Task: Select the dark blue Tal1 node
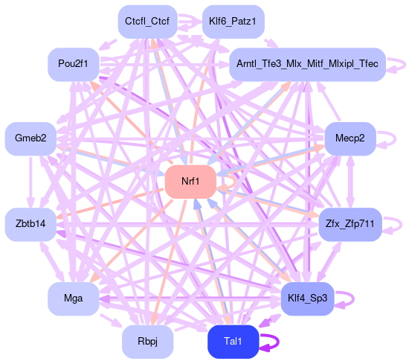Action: tap(233, 342)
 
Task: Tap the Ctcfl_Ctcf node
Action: tap(148, 22)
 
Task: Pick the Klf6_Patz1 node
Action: tap(233, 22)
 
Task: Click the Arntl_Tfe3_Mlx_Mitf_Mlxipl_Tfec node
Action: tap(307, 65)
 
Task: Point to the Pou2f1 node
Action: tap(74, 65)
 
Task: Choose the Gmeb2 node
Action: tap(30, 138)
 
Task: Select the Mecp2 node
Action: tap(350, 138)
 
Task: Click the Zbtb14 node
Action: tap(30, 224)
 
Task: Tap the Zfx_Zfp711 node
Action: tap(350, 224)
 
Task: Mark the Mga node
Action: tap(74, 298)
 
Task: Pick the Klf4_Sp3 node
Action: tap(307, 298)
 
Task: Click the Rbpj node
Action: tap(148, 342)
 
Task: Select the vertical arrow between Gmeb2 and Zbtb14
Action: tap(30, 182)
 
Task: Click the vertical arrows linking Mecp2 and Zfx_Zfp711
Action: tap(350, 182)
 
